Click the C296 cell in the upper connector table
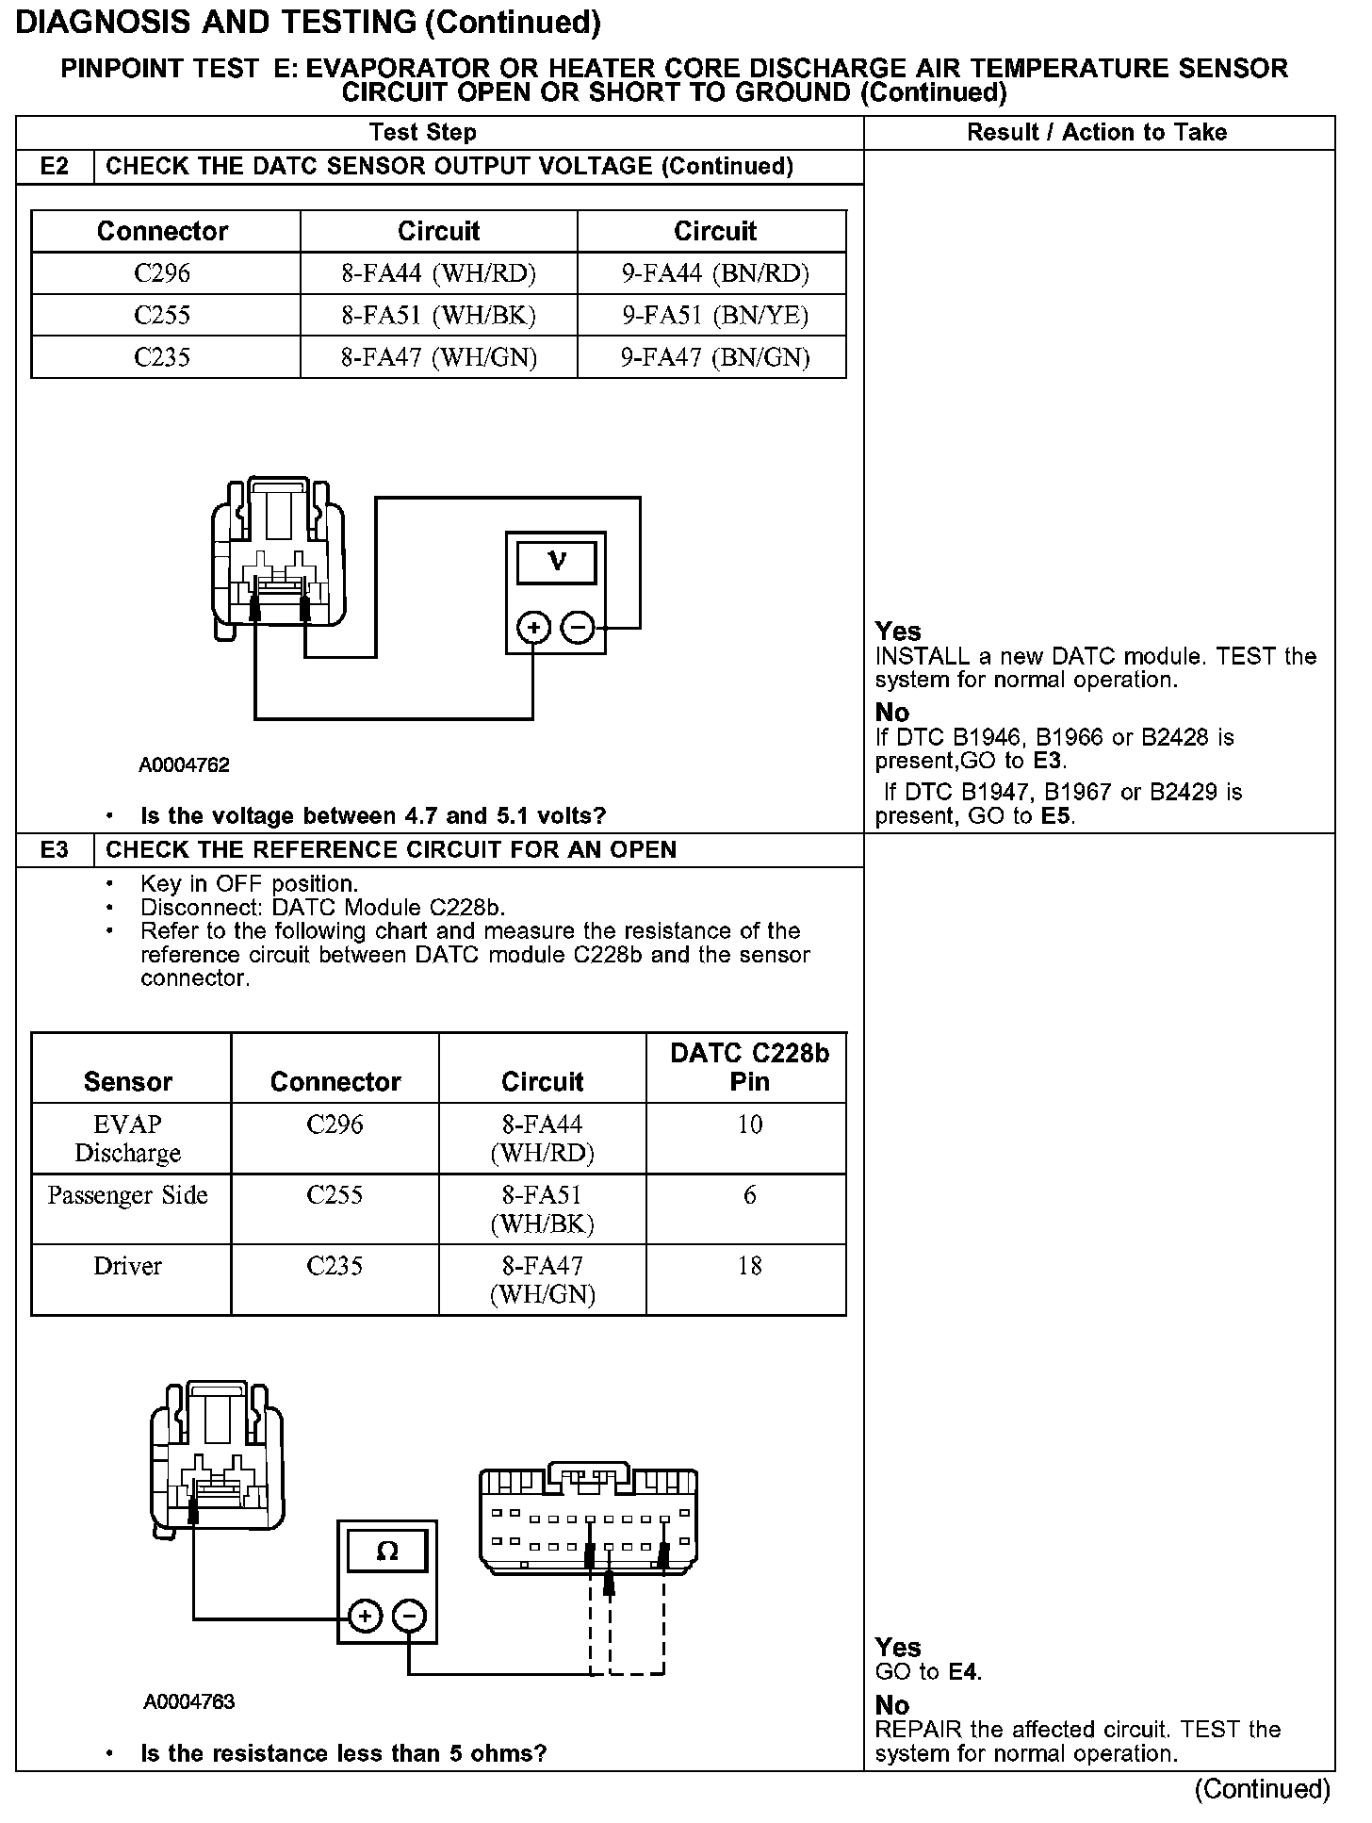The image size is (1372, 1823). (162, 273)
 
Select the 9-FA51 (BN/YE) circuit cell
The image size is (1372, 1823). (714, 316)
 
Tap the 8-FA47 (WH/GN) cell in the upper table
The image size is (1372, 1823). (438, 357)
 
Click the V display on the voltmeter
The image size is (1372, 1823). (556, 563)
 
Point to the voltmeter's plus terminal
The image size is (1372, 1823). (533, 627)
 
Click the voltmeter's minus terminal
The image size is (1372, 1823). (578, 627)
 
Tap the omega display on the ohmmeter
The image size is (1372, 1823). (387, 1552)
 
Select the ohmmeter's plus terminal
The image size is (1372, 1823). (365, 1617)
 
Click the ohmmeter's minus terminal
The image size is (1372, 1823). (409, 1617)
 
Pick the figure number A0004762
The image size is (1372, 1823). (185, 765)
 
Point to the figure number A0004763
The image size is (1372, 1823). (189, 1701)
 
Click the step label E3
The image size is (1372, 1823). (55, 850)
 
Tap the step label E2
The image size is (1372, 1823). (55, 167)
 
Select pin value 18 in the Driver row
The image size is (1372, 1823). (749, 1266)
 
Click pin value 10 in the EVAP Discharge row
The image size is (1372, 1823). (749, 1125)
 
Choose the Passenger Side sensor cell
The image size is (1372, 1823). (128, 1195)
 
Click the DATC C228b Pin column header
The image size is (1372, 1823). (749, 1067)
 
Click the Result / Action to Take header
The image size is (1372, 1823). (1097, 133)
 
